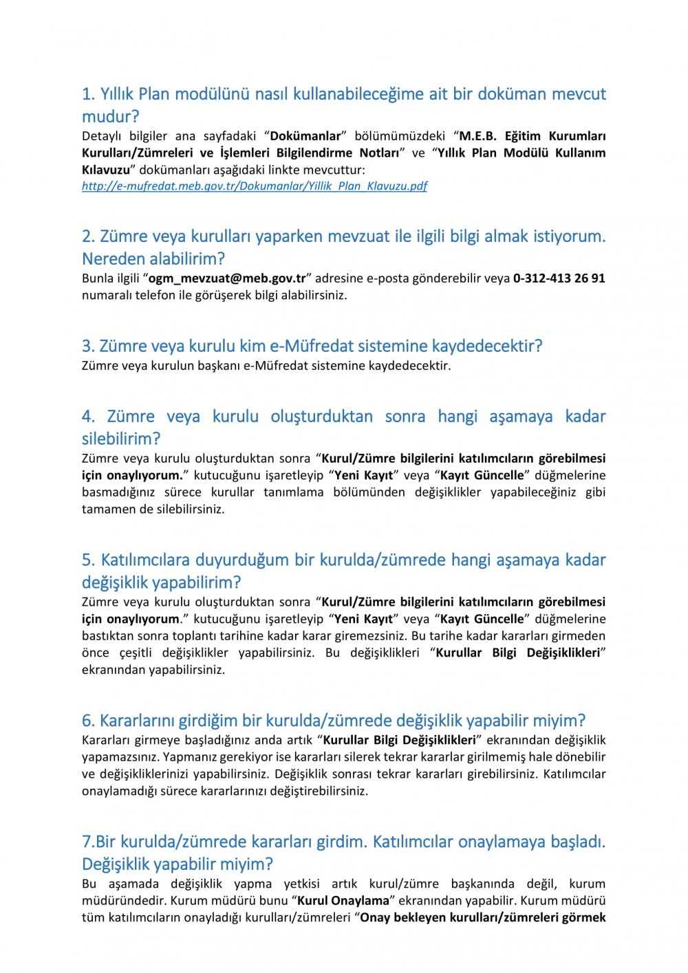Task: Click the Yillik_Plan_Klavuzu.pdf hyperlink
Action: [x=255, y=186]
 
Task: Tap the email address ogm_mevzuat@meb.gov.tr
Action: [x=227, y=278]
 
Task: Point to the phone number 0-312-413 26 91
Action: [x=559, y=278]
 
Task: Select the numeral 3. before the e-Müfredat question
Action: [x=88, y=346]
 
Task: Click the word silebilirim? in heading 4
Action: [x=121, y=439]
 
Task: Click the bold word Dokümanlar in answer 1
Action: [x=305, y=136]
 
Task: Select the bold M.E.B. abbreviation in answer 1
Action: [x=477, y=136]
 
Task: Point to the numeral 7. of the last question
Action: [x=88, y=842]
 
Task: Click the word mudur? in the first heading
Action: [x=110, y=117]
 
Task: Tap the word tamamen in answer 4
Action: [x=106, y=510]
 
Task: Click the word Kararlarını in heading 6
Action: [x=137, y=721]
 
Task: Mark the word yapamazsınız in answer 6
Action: [x=119, y=757]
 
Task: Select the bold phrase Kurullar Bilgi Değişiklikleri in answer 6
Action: [x=399, y=741]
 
